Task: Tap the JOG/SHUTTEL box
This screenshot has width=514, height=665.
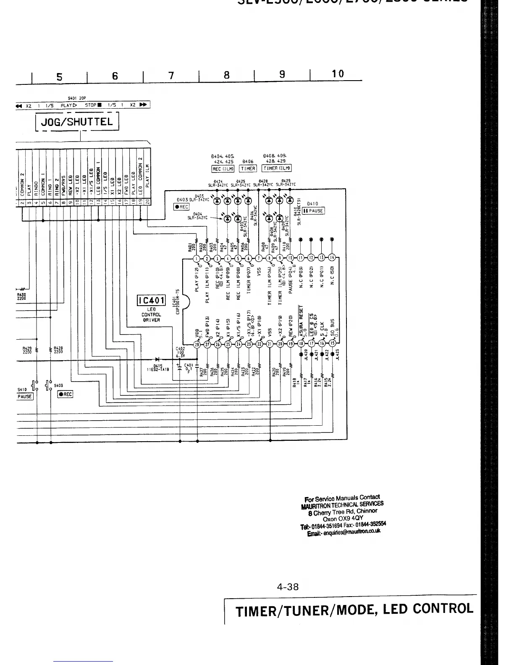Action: [77, 122]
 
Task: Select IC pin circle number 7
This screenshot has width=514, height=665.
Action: [259, 258]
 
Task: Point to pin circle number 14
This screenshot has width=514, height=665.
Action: [332, 258]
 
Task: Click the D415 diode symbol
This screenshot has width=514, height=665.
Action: [157, 359]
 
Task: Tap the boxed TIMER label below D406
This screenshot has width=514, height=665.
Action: [248, 168]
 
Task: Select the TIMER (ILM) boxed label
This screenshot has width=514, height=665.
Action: [276, 168]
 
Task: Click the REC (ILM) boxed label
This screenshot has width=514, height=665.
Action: [223, 169]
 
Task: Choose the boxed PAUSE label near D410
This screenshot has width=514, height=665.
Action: [313, 210]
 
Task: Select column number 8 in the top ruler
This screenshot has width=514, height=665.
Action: [226, 75]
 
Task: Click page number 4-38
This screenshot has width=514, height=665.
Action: [288, 587]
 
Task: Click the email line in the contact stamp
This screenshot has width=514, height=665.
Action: [344, 533]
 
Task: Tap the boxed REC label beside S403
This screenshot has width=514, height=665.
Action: [65, 394]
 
